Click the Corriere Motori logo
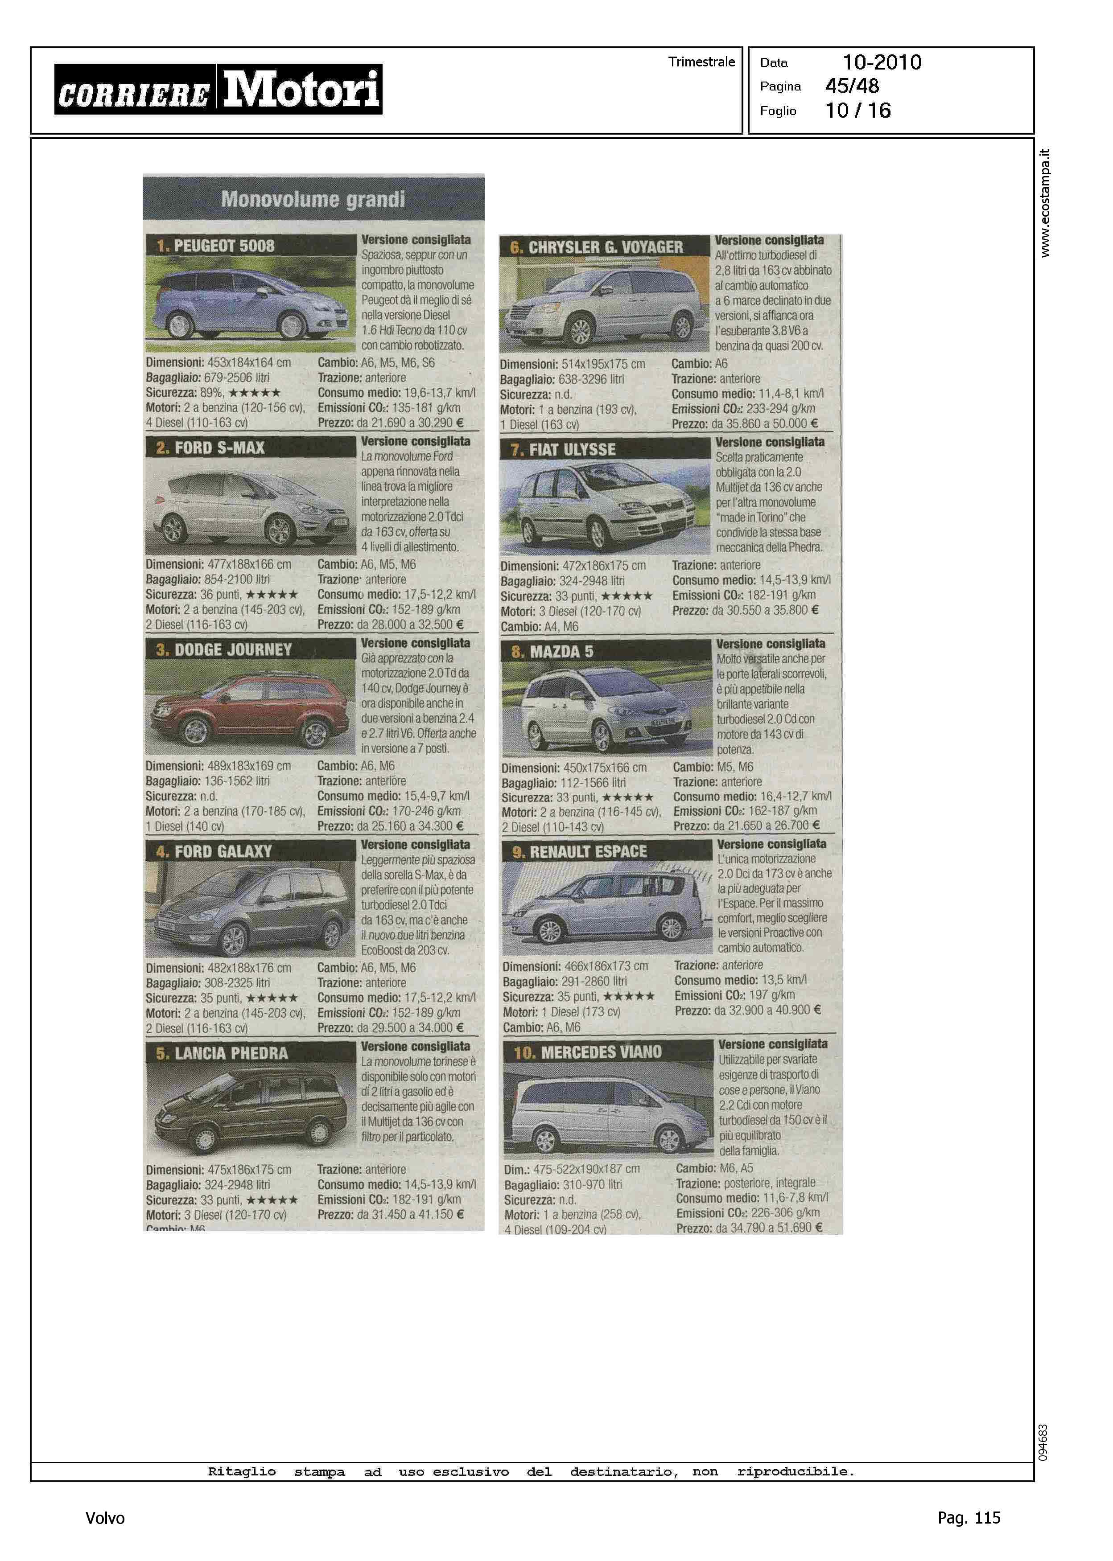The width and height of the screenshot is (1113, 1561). click(x=218, y=89)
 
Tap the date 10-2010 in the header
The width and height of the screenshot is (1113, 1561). click(x=882, y=62)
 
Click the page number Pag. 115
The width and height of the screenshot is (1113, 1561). click(x=969, y=1517)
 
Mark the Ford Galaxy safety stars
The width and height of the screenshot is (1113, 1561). click(x=272, y=998)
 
